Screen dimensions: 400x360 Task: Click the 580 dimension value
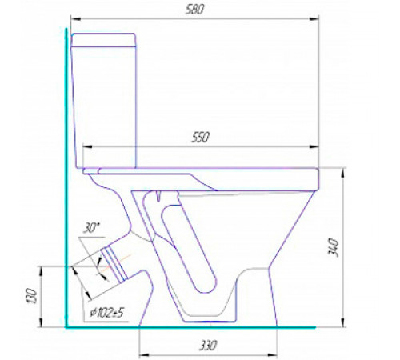[194, 10]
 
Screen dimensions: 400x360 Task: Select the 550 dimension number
[201, 137]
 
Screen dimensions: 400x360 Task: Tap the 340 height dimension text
[334, 248]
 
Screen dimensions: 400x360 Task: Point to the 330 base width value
[208, 346]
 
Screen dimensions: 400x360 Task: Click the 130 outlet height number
[32, 296]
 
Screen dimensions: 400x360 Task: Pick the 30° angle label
[91, 228]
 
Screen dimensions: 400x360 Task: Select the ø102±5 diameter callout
[107, 313]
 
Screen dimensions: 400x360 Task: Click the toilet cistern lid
[103, 40]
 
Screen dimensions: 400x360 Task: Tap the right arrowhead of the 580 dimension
[314, 19]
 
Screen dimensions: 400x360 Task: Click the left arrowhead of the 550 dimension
[87, 146]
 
